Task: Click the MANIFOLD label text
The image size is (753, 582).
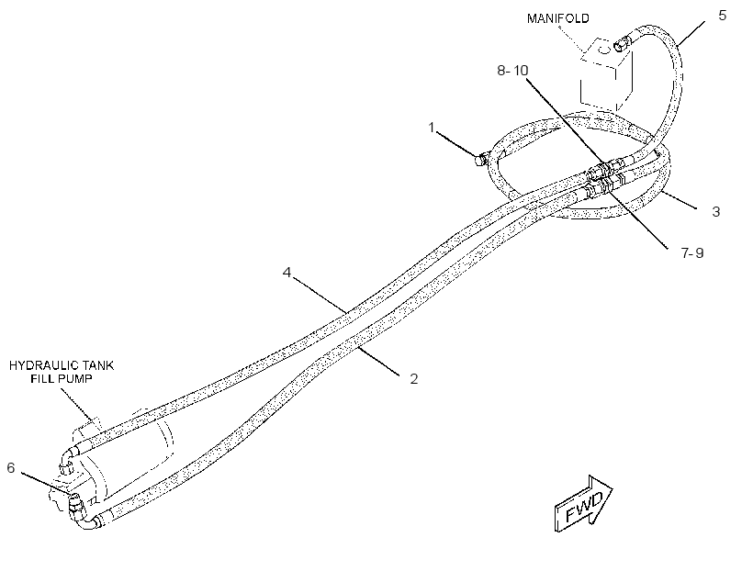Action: tap(558, 18)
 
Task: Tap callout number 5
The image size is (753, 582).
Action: tap(723, 16)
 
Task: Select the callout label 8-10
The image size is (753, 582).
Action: tap(512, 71)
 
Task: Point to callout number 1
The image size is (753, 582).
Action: tap(432, 128)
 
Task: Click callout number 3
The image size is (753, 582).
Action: tap(715, 212)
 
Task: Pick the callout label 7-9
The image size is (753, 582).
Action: tap(692, 252)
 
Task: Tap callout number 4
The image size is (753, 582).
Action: tap(287, 273)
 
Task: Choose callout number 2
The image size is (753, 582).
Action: tap(414, 379)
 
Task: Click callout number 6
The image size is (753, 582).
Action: tap(11, 468)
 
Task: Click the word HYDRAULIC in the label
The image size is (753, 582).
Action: tap(39, 365)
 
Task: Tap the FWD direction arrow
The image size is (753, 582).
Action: tap(583, 503)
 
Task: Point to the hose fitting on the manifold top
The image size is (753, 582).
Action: tap(620, 45)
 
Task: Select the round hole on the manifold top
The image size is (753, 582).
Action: tap(603, 50)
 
